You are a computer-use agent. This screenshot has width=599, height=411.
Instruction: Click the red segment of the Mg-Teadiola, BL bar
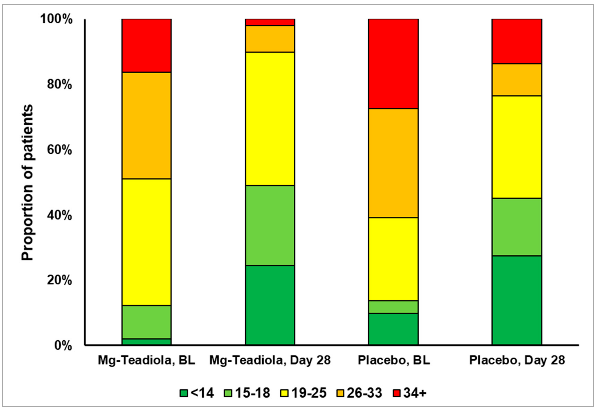[146, 46]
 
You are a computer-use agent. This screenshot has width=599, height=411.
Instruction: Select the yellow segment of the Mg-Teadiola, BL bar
[146, 242]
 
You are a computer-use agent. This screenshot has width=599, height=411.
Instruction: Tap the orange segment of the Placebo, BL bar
[393, 163]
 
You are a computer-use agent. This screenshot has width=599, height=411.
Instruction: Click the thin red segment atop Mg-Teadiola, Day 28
[270, 22]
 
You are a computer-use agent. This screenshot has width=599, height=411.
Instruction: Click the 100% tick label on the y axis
[56, 19]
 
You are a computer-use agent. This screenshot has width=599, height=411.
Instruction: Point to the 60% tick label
[59, 150]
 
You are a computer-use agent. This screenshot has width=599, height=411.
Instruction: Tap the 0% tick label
[63, 345]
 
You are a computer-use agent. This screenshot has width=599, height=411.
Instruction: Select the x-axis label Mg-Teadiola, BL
[146, 360]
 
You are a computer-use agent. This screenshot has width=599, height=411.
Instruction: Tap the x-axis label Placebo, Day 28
[517, 360]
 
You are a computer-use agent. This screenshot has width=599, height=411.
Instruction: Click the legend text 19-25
[309, 393]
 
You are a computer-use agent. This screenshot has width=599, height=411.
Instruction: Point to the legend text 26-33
[364, 393]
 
